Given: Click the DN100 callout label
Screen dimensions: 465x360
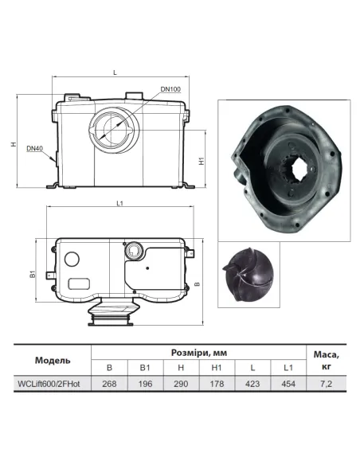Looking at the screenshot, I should (x=170, y=89).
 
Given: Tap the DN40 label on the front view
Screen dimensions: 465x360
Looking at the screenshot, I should (x=33, y=148).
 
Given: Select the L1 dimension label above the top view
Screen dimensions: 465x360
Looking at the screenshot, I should (x=119, y=206).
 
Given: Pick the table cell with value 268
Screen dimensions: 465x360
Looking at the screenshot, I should (x=108, y=385).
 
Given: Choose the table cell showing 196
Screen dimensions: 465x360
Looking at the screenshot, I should (x=144, y=385).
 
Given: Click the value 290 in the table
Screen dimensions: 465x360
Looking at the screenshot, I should (x=180, y=385).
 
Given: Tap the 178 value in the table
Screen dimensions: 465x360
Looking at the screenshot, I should (x=216, y=385).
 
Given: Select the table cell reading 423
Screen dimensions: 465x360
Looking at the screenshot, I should (x=252, y=385).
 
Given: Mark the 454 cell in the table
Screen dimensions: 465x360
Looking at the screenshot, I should (x=288, y=385).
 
